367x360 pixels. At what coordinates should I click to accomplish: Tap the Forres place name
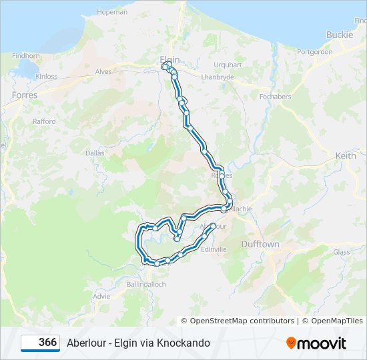pyautogui.click(x=25, y=95)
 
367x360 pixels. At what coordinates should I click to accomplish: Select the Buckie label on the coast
pyautogui.click(x=339, y=35)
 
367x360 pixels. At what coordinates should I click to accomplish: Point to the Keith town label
pyautogui.click(x=346, y=155)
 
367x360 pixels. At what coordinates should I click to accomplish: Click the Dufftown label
pyautogui.click(x=260, y=245)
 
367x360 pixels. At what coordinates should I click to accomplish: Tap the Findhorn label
pyautogui.click(x=26, y=56)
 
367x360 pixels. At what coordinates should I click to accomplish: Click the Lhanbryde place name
pyautogui.click(x=218, y=77)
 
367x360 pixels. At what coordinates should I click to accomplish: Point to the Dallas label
pyautogui.click(x=95, y=153)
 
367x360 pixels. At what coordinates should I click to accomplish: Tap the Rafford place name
pyautogui.click(x=44, y=121)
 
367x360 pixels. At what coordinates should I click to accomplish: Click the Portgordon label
pyautogui.click(x=314, y=51)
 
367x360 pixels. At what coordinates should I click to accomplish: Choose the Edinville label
pyautogui.click(x=214, y=249)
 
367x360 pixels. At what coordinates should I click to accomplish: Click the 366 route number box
pyautogui.click(x=40, y=343)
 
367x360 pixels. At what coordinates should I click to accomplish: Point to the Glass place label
pyautogui.click(x=341, y=252)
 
